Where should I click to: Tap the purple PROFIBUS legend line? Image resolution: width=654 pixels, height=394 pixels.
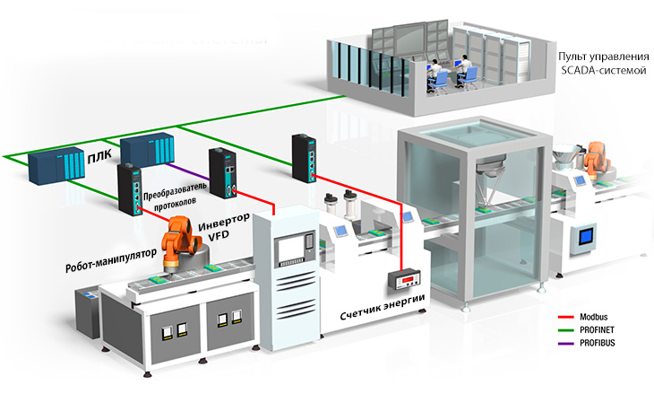(x=564, y=344)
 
